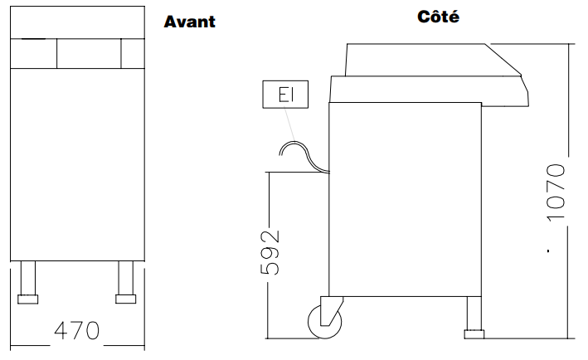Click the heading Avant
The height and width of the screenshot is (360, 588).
click(x=190, y=22)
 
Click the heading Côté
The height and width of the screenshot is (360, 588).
click(x=439, y=17)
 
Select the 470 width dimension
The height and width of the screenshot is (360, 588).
click(x=77, y=330)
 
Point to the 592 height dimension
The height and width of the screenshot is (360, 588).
click(x=270, y=252)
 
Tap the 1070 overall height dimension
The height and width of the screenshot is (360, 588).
click(x=556, y=192)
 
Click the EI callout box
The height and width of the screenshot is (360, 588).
click(x=285, y=94)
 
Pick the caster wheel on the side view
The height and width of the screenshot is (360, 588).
click(x=325, y=322)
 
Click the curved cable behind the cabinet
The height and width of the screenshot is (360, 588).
click(x=304, y=156)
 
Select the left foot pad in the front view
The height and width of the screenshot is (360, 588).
click(x=27, y=299)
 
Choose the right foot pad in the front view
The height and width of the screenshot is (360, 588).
click(x=125, y=299)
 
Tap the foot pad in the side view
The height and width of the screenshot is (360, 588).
click(x=474, y=334)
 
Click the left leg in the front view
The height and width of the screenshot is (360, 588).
click(x=28, y=278)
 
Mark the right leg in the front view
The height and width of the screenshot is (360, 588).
click(x=125, y=278)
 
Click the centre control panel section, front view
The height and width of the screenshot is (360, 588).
click(x=89, y=54)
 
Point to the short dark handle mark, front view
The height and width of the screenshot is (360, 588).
click(x=33, y=39)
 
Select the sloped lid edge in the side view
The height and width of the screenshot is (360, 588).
click(x=503, y=59)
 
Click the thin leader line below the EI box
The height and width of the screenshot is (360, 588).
click(x=289, y=124)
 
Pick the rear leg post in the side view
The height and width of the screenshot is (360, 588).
click(x=474, y=313)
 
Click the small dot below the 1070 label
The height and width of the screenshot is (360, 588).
click(x=548, y=251)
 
